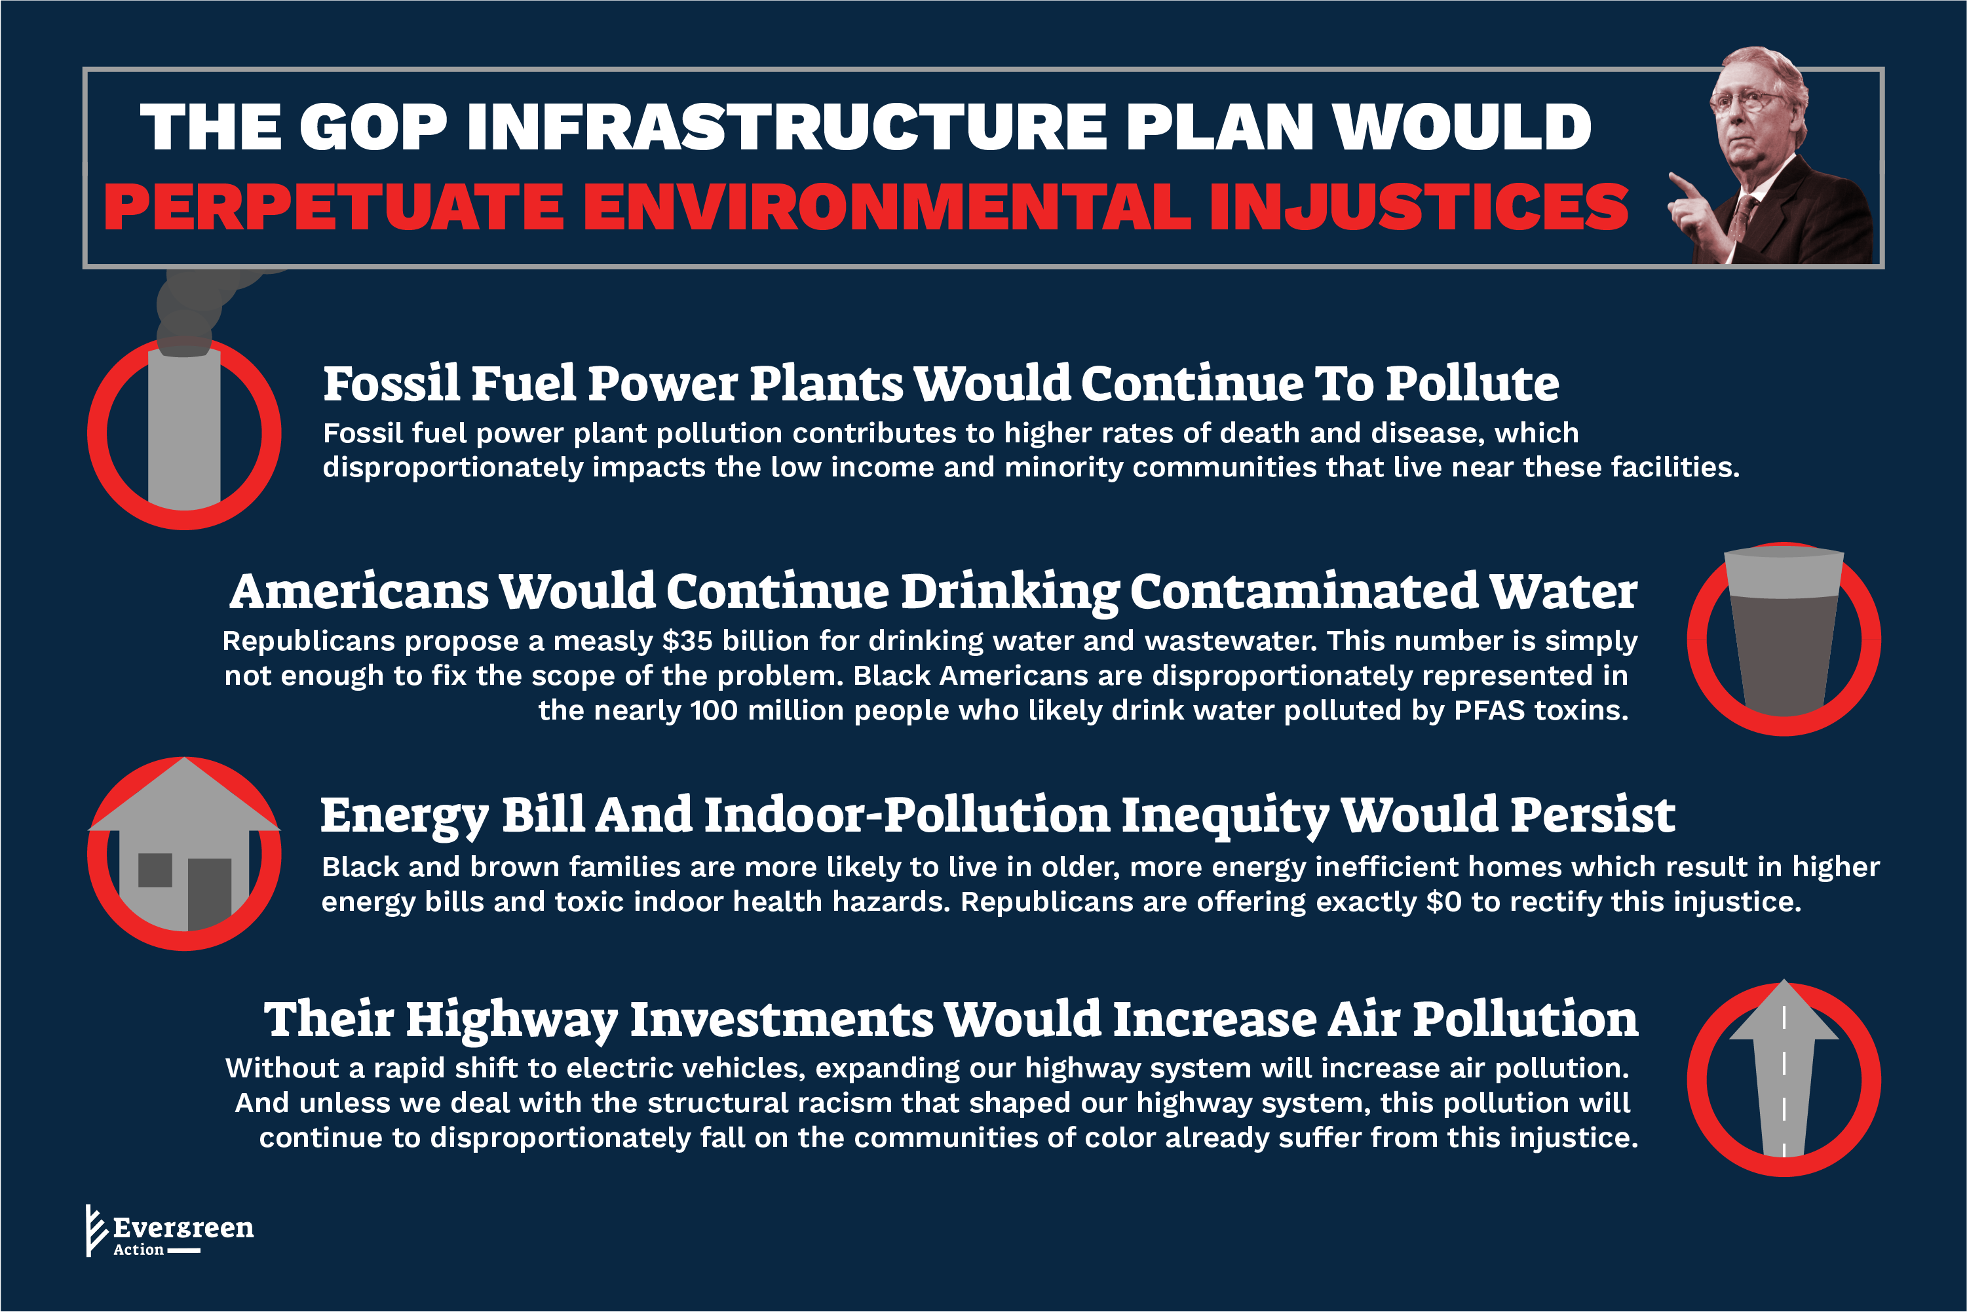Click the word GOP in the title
(x=373, y=127)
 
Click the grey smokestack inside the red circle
(x=184, y=427)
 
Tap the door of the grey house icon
(x=209, y=894)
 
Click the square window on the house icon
(x=155, y=870)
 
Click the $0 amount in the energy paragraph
(x=1444, y=902)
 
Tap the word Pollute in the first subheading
(x=1472, y=384)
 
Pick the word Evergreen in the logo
(x=183, y=1228)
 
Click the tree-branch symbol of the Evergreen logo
(x=96, y=1230)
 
